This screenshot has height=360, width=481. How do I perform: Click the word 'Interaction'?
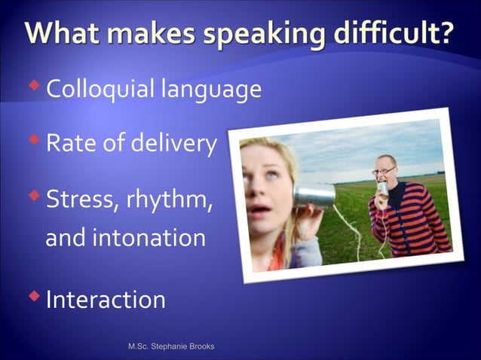point(106,300)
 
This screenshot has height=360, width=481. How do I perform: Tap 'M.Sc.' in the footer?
point(138,346)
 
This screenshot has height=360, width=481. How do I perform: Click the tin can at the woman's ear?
point(314,197)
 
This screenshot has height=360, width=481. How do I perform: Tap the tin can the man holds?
point(382,189)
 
